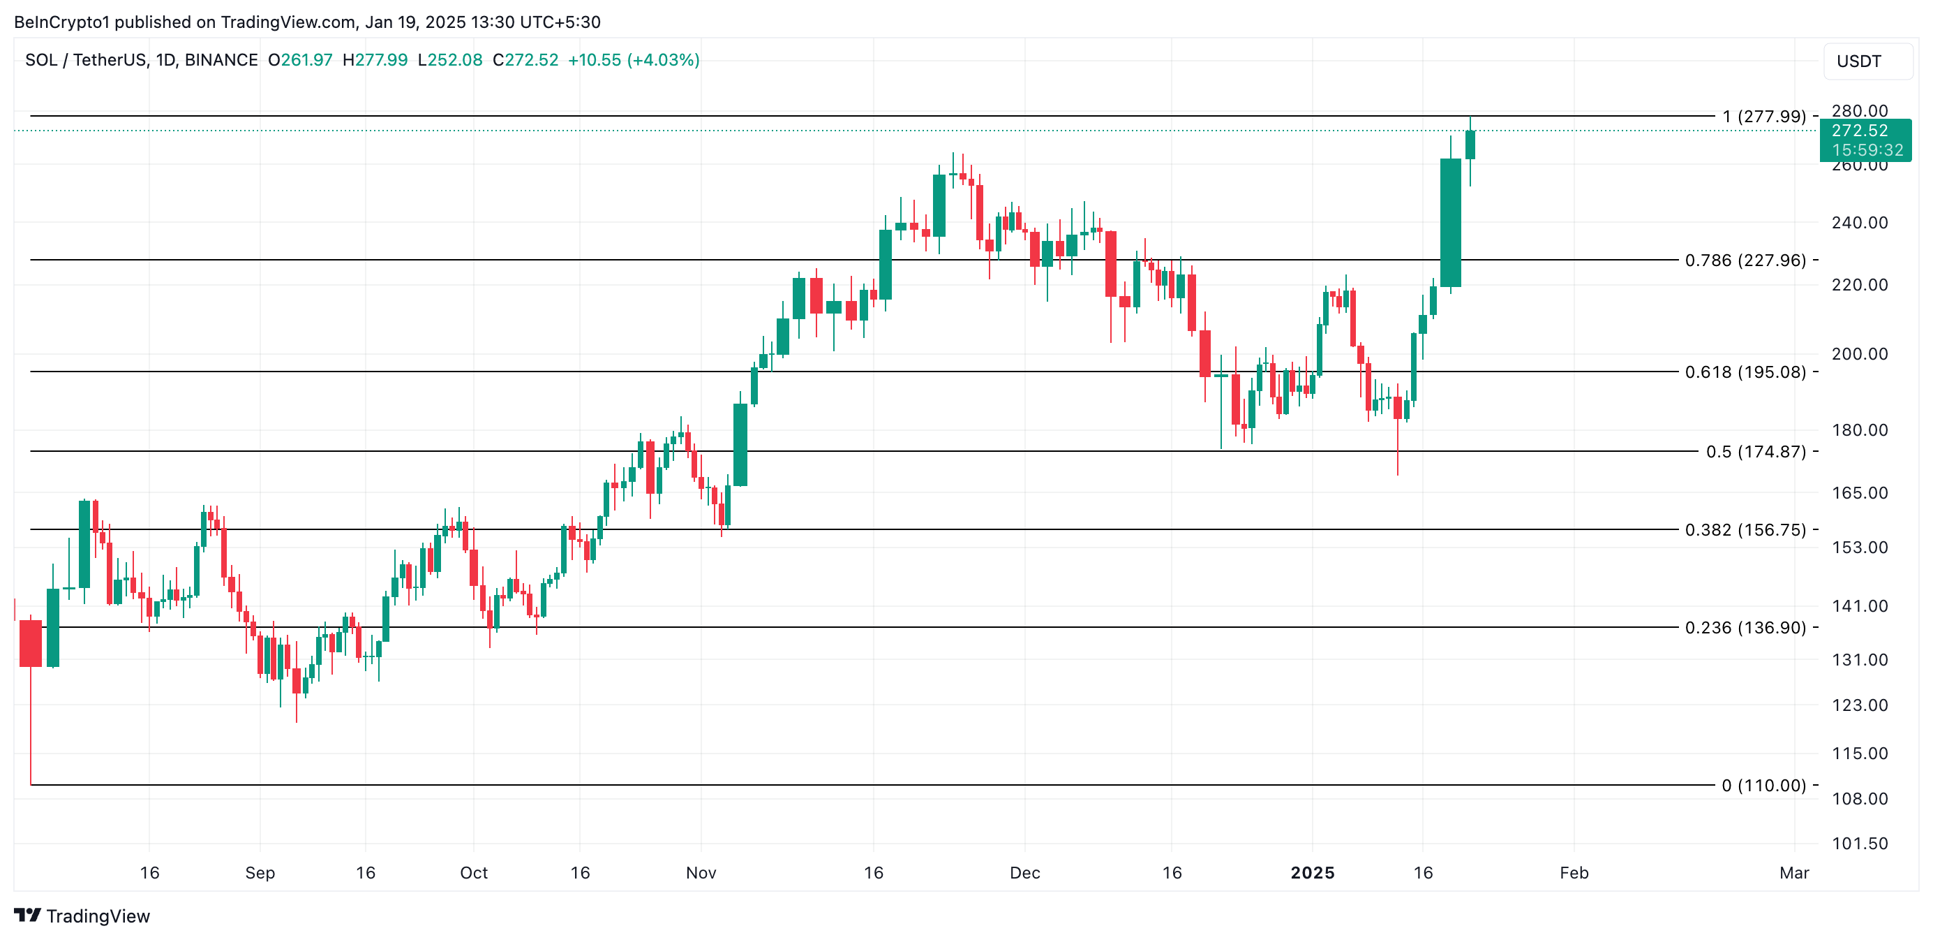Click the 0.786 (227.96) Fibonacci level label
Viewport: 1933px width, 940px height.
[x=1745, y=260]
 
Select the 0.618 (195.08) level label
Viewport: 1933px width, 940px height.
[x=1745, y=372]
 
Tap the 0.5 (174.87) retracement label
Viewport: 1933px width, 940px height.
[x=1755, y=452]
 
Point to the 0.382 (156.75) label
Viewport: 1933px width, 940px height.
[x=1745, y=530]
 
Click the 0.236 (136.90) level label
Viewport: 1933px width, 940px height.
[x=1745, y=628]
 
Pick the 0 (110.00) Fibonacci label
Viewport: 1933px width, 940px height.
[x=1763, y=786]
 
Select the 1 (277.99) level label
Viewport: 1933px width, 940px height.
[x=1763, y=117]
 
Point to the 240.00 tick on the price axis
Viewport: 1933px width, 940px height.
[x=1859, y=223]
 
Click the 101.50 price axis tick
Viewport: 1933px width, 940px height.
[x=1859, y=844]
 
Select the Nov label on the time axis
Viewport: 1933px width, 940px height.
[x=701, y=873]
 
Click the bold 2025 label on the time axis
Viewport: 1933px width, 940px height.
[x=1312, y=873]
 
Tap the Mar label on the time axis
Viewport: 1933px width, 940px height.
[x=1793, y=873]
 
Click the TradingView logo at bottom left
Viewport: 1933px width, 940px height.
[x=82, y=916]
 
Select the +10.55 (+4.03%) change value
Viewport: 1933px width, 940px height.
[x=634, y=60]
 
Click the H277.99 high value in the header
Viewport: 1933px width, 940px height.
[x=375, y=60]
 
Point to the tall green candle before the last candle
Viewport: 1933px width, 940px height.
[x=1450, y=222]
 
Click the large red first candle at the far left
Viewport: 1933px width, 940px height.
[x=31, y=642]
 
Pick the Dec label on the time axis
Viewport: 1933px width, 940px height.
[x=1024, y=873]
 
